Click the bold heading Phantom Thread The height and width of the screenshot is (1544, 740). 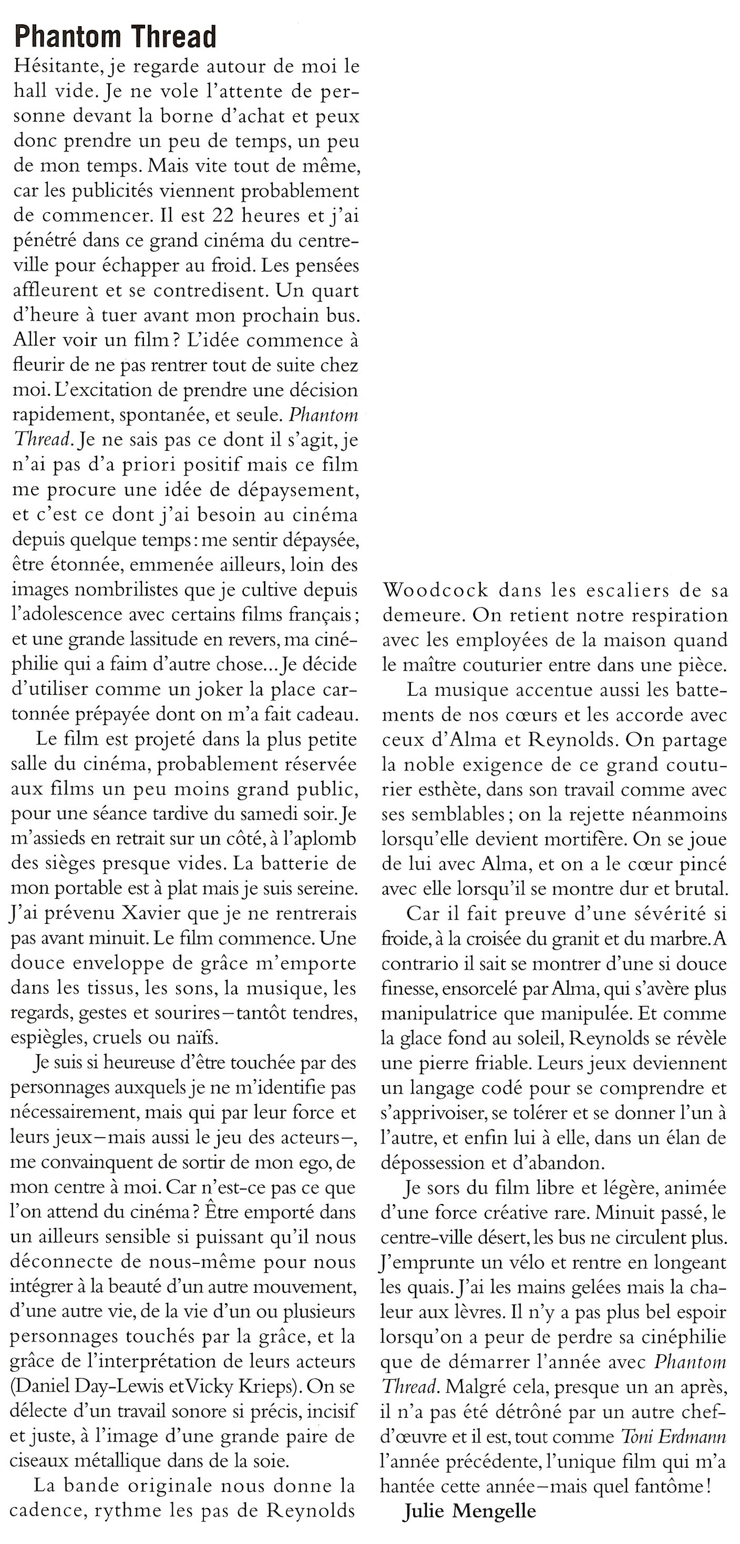click(x=115, y=37)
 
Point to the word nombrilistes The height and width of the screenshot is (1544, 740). click(x=124, y=590)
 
